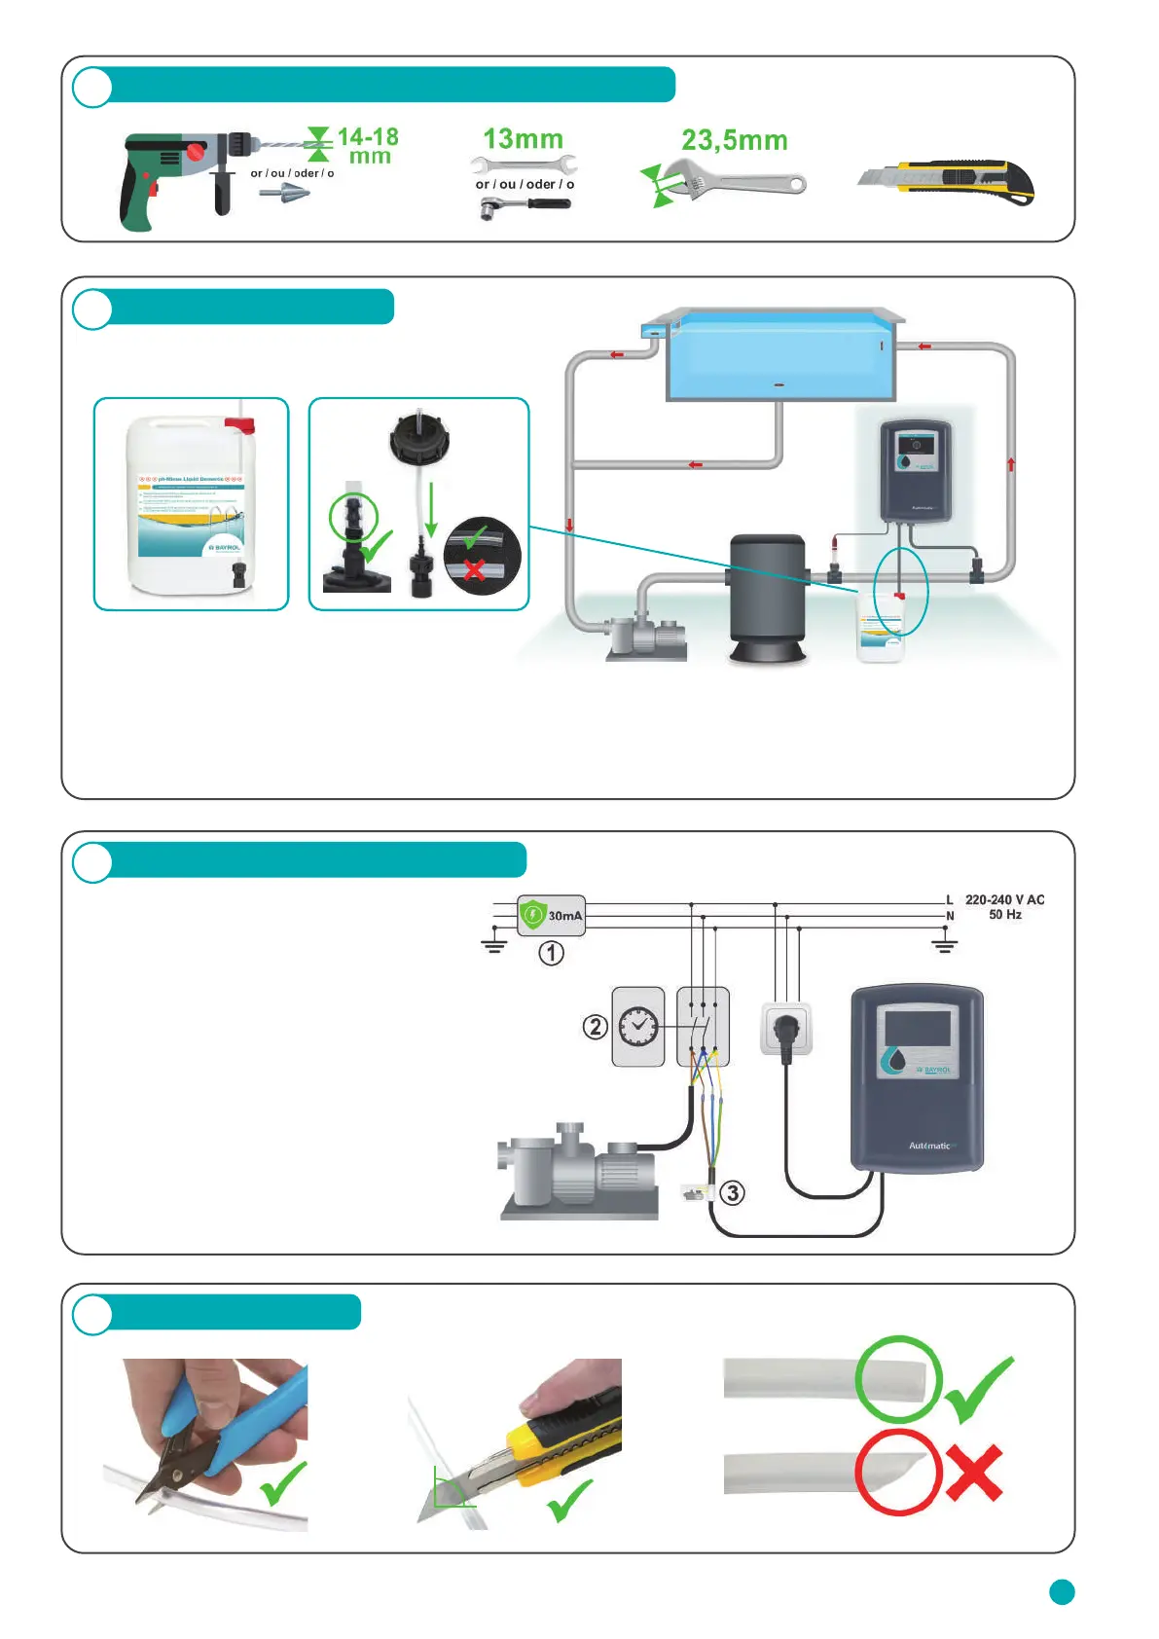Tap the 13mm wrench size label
(524, 139)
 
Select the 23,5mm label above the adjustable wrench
(734, 141)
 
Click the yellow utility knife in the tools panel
(949, 181)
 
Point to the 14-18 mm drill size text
(368, 146)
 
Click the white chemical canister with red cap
(191, 504)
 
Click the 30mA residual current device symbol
(551, 915)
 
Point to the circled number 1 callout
(552, 953)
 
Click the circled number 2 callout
(595, 1026)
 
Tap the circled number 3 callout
(733, 1192)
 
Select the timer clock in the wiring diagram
(638, 1026)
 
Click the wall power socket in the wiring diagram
(786, 1029)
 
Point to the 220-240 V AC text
(1004, 899)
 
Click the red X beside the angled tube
(974, 1472)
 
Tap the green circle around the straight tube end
(898, 1379)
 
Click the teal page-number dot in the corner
(1062, 1591)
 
